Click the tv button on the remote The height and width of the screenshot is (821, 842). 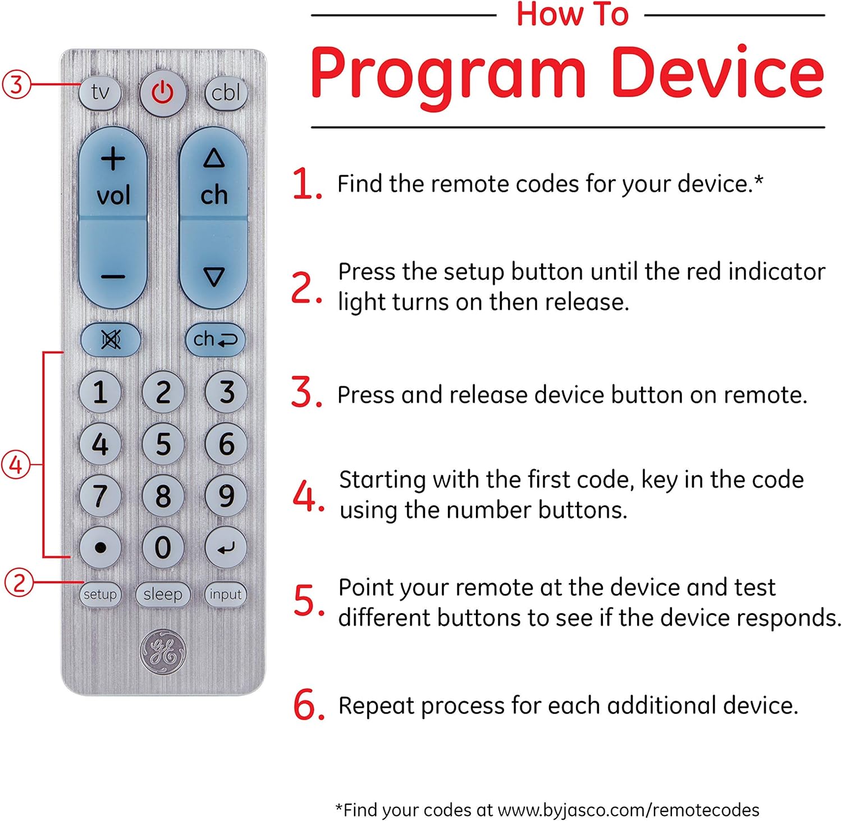[100, 92]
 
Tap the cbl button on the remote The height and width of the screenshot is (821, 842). [226, 93]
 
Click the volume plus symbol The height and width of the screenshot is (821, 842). [113, 159]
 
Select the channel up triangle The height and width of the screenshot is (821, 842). [213, 158]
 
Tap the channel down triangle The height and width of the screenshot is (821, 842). [214, 277]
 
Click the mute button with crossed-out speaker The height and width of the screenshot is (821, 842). [111, 339]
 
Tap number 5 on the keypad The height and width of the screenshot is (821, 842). [163, 444]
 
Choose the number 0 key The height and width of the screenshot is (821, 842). [163, 547]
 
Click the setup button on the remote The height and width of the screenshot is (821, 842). [100, 594]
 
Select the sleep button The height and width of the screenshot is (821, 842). [163, 594]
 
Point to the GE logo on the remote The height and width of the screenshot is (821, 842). [163, 651]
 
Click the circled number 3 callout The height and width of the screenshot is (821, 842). [16, 84]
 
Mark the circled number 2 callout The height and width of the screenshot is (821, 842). [19, 582]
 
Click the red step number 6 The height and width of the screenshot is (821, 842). [308, 705]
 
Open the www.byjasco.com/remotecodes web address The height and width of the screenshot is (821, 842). [628, 810]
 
